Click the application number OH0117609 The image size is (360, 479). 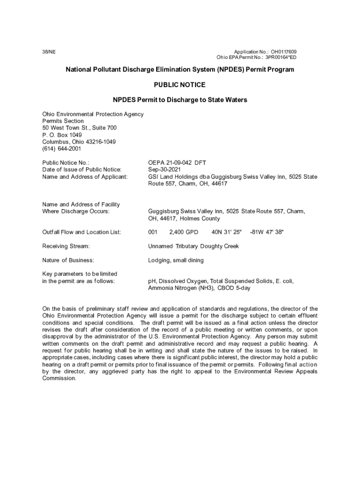[x=284, y=51]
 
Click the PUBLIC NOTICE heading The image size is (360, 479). [x=180, y=85]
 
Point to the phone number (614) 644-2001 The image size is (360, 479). [x=62, y=149]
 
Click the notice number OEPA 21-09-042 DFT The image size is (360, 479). [x=177, y=162]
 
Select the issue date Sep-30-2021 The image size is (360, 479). [x=164, y=169]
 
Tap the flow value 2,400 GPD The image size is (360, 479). [x=183, y=232]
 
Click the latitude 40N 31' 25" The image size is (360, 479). [x=226, y=232]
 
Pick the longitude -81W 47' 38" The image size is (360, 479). [x=266, y=232]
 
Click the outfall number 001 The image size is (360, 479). [x=153, y=232]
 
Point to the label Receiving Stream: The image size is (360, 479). [x=66, y=246]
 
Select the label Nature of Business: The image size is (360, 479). [x=68, y=260]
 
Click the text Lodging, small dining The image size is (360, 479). [x=176, y=260]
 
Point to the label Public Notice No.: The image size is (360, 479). [x=65, y=162]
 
